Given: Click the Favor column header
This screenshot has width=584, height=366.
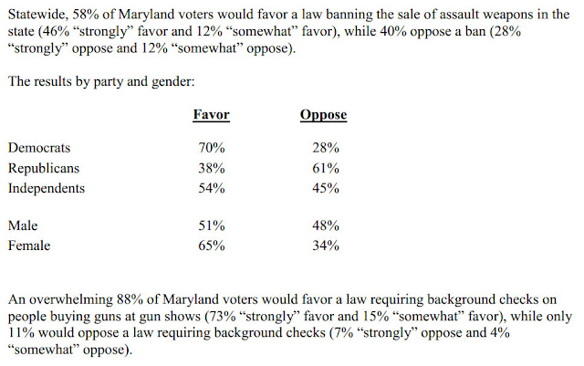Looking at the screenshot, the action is [211, 114].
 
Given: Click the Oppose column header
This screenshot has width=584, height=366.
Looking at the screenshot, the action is [323, 115].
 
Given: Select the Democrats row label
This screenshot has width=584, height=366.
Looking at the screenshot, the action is [39, 148].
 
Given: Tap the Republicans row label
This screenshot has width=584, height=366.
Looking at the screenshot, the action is [44, 169].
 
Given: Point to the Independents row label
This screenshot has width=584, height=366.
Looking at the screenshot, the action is [47, 189].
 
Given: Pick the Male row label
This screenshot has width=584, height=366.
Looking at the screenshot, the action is [23, 225].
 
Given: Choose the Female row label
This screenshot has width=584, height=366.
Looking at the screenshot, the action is [29, 246].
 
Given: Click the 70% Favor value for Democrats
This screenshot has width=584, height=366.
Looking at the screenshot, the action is [212, 148].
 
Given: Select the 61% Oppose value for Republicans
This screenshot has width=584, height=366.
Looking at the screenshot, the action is [326, 169].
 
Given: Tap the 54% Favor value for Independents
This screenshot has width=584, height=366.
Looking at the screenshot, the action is [212, 188].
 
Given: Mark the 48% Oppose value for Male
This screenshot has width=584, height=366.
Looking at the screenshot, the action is [326, 225].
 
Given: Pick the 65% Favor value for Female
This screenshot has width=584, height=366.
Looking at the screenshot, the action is [212, 246].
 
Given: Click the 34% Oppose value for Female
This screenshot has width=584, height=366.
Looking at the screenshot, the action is [326, 246].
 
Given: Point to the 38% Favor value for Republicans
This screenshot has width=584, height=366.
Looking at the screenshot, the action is [212, 169].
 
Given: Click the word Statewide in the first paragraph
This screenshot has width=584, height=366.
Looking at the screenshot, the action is [38, 15].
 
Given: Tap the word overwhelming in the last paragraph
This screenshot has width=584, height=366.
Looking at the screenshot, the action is [71, 300].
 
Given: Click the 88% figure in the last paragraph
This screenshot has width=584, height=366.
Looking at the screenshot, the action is [130, 299].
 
